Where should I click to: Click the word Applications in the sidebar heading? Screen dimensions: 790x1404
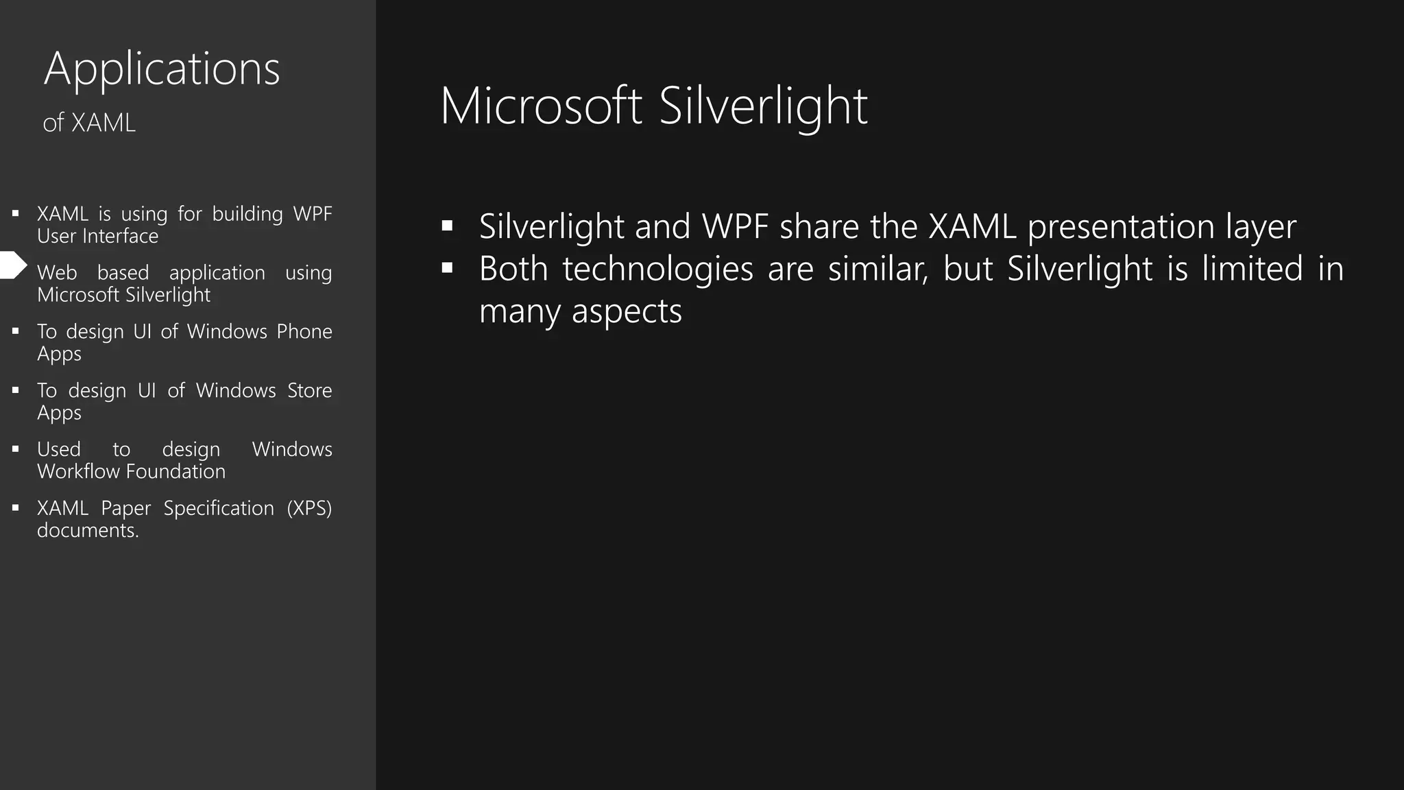pyautogui.click(x=162, y=69)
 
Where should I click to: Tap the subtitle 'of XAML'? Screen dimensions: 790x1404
pyautogui.click(x=89, y=123)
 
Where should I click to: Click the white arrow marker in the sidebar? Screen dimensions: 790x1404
pyautogui.click(x=13, y=265)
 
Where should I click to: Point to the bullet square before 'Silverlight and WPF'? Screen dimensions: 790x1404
pyautogui.click(x=448, y=226)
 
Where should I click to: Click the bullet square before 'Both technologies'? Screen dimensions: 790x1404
pyautogui.click(x=448, y=268)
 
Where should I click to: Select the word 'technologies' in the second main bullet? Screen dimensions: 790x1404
pyautogui.click(x=657, y=269)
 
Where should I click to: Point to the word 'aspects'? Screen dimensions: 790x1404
pyautogui.click(x=627, y=311)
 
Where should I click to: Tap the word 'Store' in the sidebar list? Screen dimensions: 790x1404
pyautogui.click(x=309, y=390)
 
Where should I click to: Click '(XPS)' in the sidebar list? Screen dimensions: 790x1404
pyautogui.click(x=309, y=508)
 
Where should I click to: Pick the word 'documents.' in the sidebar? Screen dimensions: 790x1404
pyautogui.click(x=88, y=530)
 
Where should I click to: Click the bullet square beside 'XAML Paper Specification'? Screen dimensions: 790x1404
pyautogui.click(x=16, y=508)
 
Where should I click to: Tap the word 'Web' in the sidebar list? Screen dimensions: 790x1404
pyautogui.click(x=57, y=273)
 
